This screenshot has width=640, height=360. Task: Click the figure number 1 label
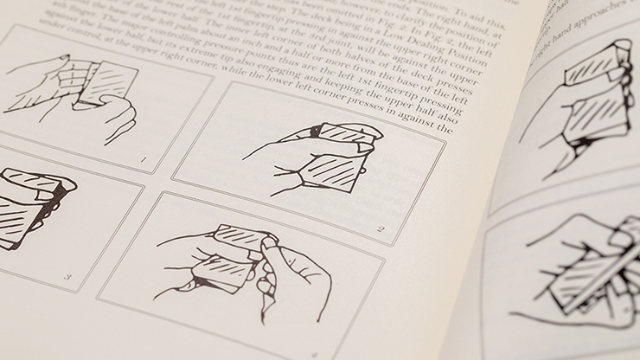(144, 158)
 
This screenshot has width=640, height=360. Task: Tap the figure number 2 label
(381, 229)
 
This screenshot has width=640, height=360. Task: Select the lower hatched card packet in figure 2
(332, 170)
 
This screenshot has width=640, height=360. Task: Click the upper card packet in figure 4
(238, 237)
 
